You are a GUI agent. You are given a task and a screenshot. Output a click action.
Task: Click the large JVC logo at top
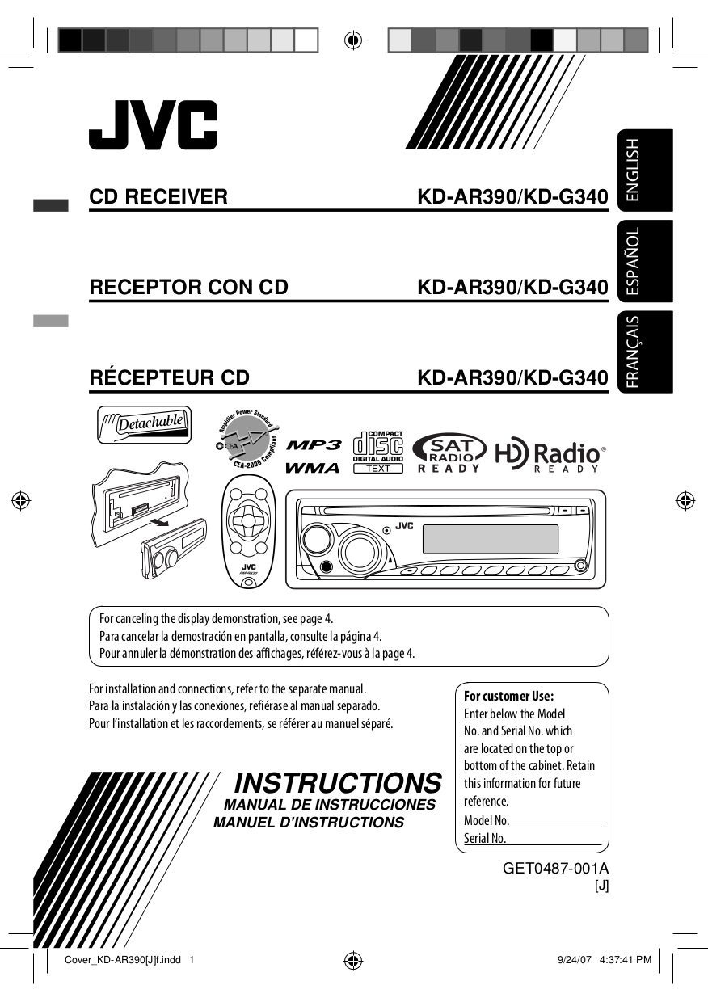point(153,124)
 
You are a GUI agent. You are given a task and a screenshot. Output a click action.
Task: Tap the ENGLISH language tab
point(645,170)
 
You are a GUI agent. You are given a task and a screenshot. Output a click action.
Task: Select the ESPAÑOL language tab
point(645,261)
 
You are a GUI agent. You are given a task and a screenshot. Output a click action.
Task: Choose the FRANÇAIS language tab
point(645,352)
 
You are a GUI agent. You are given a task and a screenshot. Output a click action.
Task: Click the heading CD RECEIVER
point(158,196)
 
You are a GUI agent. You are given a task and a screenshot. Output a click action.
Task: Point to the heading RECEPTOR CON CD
point(188,287)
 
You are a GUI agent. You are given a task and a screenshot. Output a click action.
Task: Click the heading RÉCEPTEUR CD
point(169,377)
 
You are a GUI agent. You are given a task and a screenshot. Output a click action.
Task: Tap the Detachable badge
point(144,424)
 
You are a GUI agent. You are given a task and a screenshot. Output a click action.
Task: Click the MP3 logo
point(314,444)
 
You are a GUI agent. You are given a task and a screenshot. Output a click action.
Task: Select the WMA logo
point(313,468)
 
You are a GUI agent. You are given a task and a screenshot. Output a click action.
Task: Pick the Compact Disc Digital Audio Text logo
point(378,452)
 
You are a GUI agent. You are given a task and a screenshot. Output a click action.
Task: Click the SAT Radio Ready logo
point(449,453)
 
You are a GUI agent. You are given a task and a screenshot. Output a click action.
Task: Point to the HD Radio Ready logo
point(550,454)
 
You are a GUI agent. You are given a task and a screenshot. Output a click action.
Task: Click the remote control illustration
point(248,532)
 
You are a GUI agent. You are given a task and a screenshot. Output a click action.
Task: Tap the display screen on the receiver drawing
point(491,538)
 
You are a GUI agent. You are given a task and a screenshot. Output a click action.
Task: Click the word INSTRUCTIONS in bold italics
point(338,783)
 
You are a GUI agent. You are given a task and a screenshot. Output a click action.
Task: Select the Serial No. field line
point(533,838)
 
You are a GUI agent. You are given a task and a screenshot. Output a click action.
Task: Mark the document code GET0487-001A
point(555,868)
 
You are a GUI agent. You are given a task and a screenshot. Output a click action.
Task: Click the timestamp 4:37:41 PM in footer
point(625,959)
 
